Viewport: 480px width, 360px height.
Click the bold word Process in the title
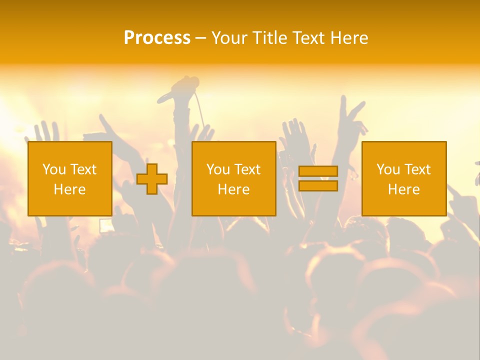[157, 38]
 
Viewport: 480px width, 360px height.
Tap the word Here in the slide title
[348, 38]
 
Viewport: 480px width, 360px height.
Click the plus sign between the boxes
[152, 179]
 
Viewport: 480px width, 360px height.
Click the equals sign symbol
[318, 178]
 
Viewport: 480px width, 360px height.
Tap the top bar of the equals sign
[318, 171]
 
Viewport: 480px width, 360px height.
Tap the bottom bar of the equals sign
[318, 185]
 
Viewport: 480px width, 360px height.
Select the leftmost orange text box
[69, 178]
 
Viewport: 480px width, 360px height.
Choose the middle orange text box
[233, 178]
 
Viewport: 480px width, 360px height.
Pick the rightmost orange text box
[403, 178]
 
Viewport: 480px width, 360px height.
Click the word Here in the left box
[69, 189]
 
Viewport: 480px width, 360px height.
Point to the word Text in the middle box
[247, 169]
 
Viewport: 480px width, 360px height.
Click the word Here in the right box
[403, 189]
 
